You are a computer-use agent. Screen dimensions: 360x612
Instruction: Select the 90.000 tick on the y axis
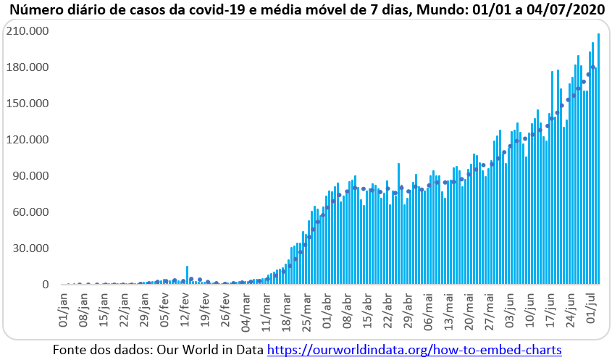(31, 176)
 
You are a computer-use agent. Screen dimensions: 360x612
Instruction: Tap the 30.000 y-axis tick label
(31, 248)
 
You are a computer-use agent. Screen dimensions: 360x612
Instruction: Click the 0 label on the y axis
(45, 285)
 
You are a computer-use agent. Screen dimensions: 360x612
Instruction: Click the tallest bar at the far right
(598, 159)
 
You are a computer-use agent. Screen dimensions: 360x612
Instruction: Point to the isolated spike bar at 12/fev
(187, 275)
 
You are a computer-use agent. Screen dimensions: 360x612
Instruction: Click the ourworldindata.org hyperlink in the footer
(414, 350)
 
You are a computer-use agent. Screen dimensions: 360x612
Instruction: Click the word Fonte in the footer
(70, 350)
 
